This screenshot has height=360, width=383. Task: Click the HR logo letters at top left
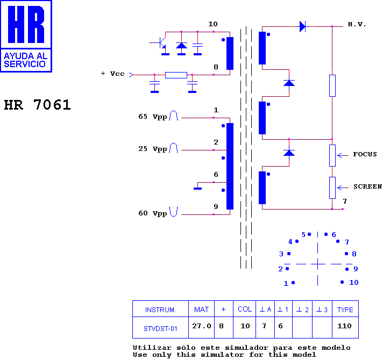click(26, 24)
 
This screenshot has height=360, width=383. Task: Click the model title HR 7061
click(37, 105)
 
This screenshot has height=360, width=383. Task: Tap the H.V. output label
click(357, 24)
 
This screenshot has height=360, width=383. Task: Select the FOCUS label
click(365, 154)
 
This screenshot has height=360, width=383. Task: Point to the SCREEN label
click(367, 186)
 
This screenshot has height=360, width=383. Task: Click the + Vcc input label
click(112, 74)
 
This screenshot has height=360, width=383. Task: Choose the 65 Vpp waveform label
click(153, 117)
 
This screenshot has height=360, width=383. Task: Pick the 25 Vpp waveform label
click(153, 149)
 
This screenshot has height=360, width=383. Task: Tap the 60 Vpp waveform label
click(153, 213)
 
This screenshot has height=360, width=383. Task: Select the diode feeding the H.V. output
click(303, 26)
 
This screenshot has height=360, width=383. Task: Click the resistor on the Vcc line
click(176, 75)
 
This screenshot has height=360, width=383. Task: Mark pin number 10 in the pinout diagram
click(353, 283)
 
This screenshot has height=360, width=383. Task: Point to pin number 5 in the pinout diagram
click(303, 235)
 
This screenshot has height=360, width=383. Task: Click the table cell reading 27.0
click(202, 326)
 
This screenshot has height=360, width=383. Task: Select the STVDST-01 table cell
click(160, 328)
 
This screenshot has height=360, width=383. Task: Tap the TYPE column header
click(345, 309)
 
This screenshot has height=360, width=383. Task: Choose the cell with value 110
click(344, 326)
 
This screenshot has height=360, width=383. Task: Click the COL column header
click(245, 309)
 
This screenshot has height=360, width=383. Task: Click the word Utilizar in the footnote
click(152, 348)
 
